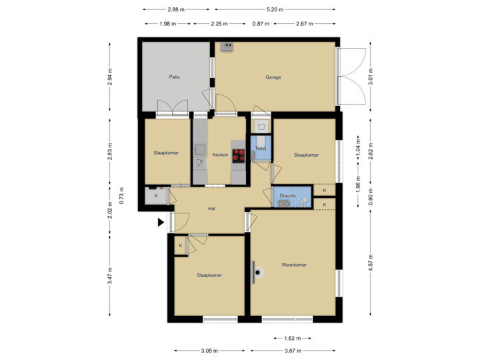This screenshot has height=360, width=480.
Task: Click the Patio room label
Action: click(174, 77)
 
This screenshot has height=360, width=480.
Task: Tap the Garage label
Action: click(273, 77)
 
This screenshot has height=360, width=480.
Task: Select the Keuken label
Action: click(220, 155)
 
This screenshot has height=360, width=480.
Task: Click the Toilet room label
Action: click(261, 149)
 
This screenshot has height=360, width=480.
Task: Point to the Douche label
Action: click(287, 196)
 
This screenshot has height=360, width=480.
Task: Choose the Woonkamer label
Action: click(294, 265)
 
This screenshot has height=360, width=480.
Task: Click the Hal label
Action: click(211, 209)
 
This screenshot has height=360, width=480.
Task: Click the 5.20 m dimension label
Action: click(274, 10)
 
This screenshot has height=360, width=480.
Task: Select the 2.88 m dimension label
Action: click(176, 10)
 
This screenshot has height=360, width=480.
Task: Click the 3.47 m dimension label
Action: click(109, 275)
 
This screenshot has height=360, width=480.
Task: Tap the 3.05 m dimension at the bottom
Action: click(210, 350)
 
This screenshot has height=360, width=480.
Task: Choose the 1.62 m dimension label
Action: click(292, 338)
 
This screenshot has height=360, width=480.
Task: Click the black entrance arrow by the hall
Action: click(161, 222)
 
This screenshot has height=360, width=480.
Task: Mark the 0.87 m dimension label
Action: click(261, 24)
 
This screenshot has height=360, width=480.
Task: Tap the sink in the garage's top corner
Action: click(228, 46)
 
